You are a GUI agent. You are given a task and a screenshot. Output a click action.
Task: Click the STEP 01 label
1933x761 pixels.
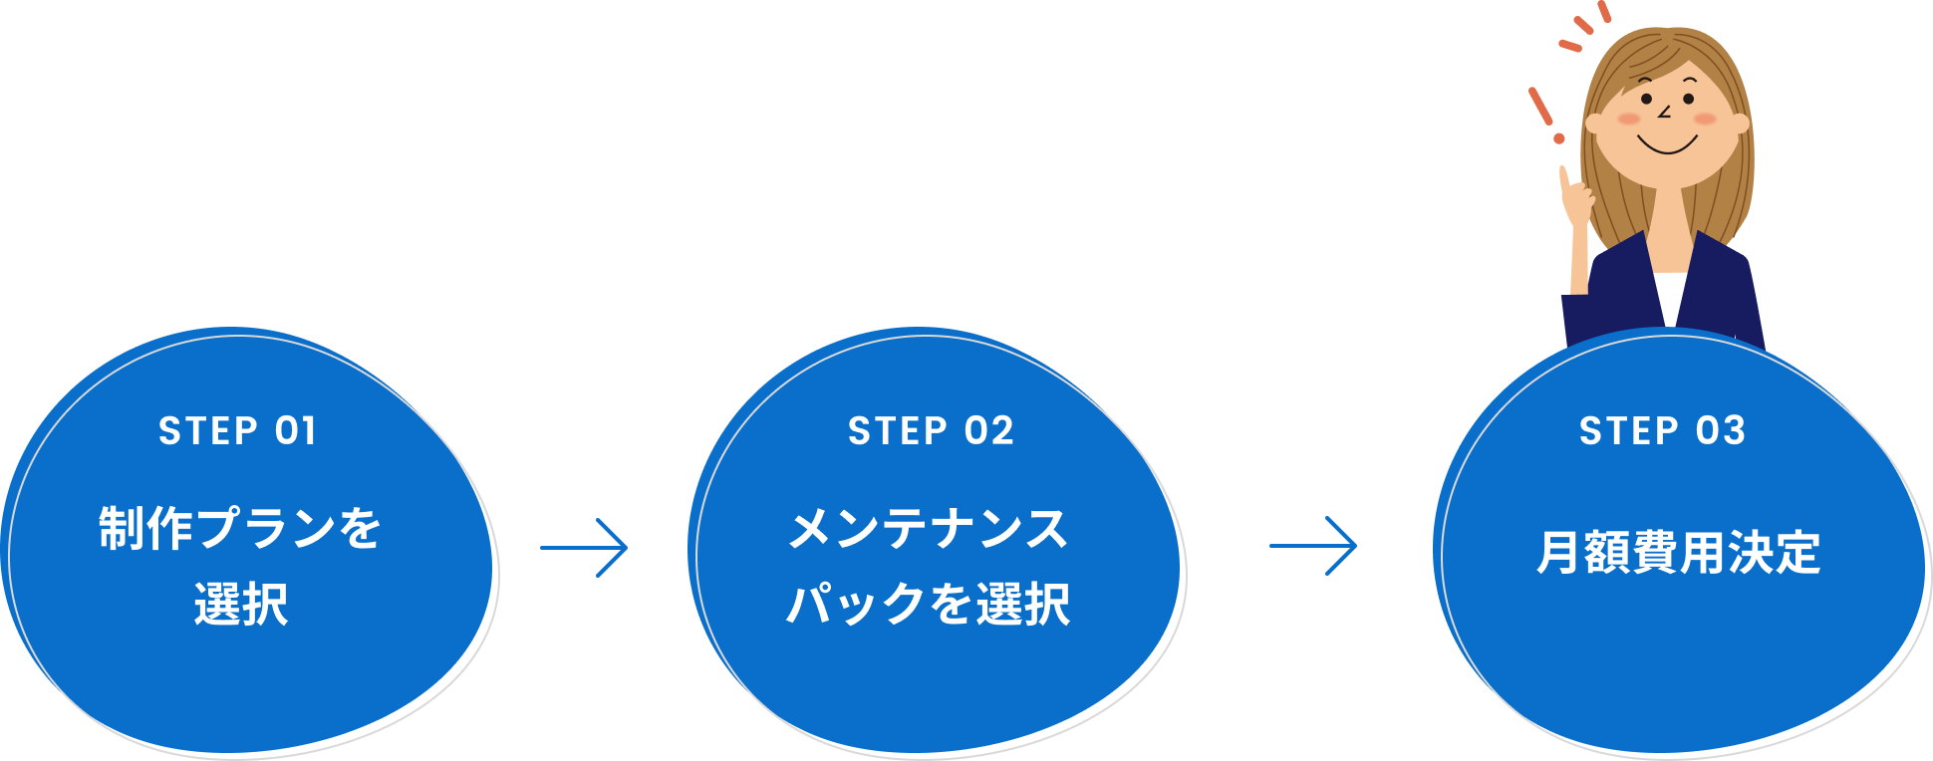237,431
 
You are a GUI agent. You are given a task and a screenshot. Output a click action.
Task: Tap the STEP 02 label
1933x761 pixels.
931,431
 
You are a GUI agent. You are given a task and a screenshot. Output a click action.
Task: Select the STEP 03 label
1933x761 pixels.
1662,431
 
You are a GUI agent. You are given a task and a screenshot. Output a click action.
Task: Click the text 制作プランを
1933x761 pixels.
240,528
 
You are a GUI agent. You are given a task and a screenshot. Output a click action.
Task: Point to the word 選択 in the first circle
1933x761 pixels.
240,604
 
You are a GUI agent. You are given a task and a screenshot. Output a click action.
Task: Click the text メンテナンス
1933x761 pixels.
929,528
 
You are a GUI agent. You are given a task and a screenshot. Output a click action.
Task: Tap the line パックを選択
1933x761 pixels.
929,604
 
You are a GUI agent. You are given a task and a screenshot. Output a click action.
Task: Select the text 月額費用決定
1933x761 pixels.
1679,553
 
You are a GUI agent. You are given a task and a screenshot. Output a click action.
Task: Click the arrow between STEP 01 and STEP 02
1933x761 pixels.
584,547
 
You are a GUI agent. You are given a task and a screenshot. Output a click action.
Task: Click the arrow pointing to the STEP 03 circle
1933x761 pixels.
1313,546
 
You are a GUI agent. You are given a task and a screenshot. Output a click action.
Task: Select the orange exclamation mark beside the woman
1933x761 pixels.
1543,113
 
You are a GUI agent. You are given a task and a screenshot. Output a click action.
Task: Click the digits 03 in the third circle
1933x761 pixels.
1721,431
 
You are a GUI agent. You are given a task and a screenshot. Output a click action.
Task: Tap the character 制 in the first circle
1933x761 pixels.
122,528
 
